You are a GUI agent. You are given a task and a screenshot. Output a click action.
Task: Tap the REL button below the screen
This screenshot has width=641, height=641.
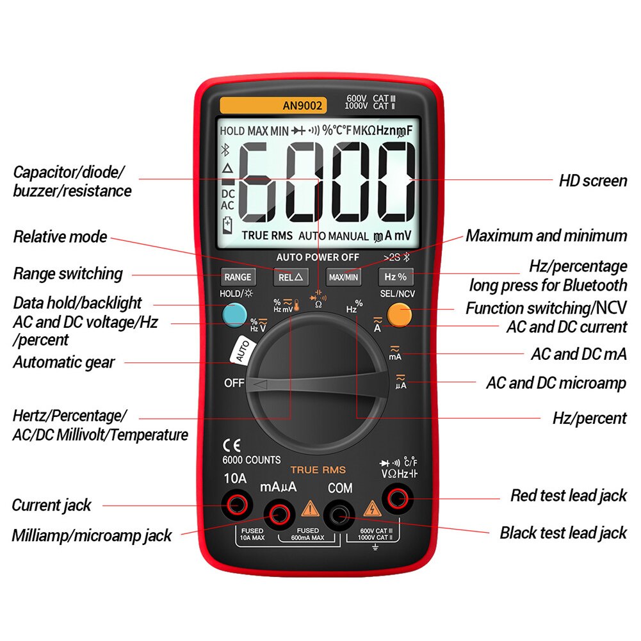pos(291,277)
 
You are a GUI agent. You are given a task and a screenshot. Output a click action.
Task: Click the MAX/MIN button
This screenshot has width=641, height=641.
pos(343,277)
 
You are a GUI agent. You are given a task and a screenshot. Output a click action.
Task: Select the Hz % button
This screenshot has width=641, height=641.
pos(395,277)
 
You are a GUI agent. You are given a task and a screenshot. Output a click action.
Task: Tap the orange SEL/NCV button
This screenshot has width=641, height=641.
pos(399,315)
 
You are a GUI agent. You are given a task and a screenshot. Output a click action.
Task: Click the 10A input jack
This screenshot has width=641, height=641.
pos(234,505)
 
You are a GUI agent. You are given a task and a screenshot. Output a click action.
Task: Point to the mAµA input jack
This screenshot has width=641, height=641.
pos(278,512)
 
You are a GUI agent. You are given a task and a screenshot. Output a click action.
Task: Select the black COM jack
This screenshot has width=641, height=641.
pos(339,512)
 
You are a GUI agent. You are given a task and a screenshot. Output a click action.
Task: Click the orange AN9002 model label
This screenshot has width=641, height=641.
pos(272,105)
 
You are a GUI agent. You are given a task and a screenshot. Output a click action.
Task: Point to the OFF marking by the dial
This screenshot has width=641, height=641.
pos(234,383)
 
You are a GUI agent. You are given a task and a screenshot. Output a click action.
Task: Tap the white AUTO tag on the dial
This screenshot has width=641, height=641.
pos(241,350)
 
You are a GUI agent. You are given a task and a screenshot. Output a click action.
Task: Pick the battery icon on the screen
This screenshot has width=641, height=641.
pos(227,226)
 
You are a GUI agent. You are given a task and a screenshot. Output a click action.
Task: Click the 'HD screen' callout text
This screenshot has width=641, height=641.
pos(592,181)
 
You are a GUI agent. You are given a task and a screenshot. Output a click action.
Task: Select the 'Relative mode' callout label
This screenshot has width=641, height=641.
pos(60,237)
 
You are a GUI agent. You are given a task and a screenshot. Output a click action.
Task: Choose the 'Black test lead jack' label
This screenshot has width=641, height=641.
pos(563,533)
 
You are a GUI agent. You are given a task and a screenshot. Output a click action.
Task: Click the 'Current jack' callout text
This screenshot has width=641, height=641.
pos(52,505)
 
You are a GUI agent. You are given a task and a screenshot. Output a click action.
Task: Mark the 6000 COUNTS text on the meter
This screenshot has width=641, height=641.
pos(251,460)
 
